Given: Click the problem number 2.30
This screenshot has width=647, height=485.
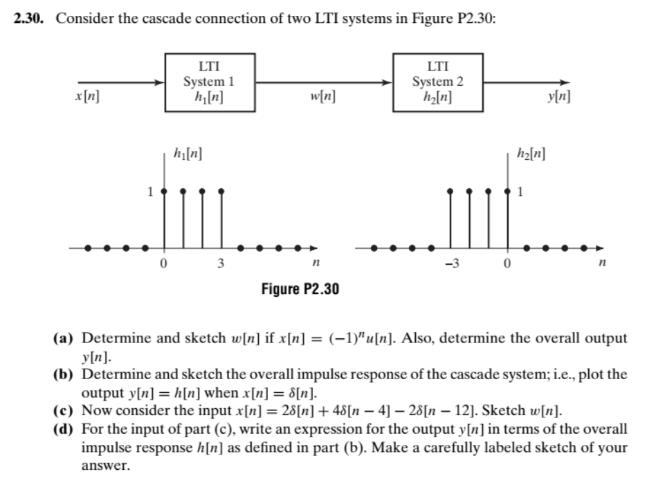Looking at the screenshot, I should [x=30, y=18].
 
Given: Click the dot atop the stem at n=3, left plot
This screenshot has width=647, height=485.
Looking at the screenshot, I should [x=221, y=190].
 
